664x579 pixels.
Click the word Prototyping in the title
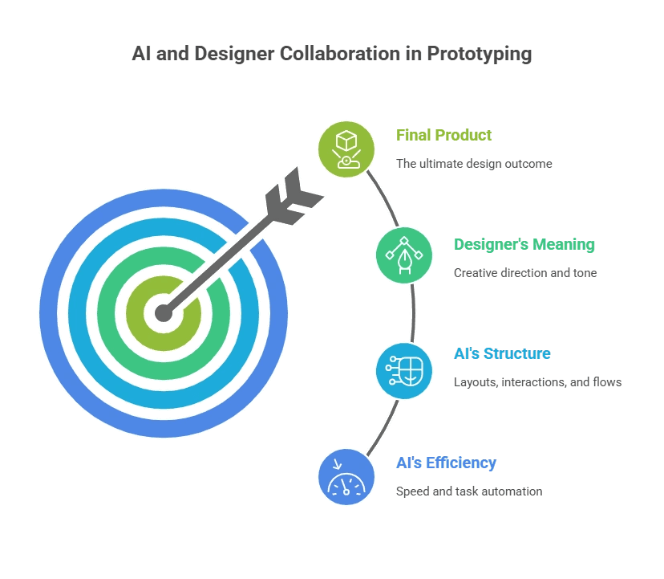click(x=479, y=55)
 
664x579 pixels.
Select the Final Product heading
click(x=444, y=135)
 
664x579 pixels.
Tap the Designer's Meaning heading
click(x=524, y=244)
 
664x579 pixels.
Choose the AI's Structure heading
click(x=502, y=353)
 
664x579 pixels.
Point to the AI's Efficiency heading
click(x=446, y=463)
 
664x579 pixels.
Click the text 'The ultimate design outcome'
click(x=474, y=164)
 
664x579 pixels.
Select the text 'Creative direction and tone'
click(x=525, y=273)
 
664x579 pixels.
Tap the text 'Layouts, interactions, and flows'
click(x=537, y=382)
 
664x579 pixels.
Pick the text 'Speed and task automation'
click(x=469, y=491)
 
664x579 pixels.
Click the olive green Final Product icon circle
click(x=346, y=149)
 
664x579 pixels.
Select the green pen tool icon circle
click(x=404, y=255)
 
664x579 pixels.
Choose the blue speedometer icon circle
click(x=346, y=477)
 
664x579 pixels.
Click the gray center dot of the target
click(x=164, y=313)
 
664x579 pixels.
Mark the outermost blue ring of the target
click(x=56, y=313)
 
